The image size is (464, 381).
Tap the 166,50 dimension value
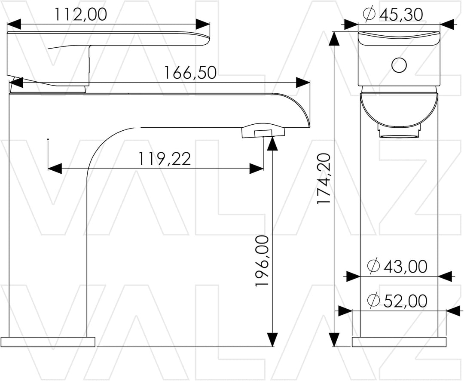pyautogui.click(x=190, y=73)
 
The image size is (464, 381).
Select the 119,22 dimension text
pyautogui.click(x=165, y=159)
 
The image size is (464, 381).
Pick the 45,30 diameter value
pyautogui.click(x=401, y=14)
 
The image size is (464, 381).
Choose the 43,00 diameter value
pyautogui.click(x=406, y=266)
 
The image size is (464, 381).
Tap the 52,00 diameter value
pyautogui.click(x=406, y=301)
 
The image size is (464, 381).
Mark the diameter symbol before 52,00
pyautogui.click(x=373, y=301)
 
